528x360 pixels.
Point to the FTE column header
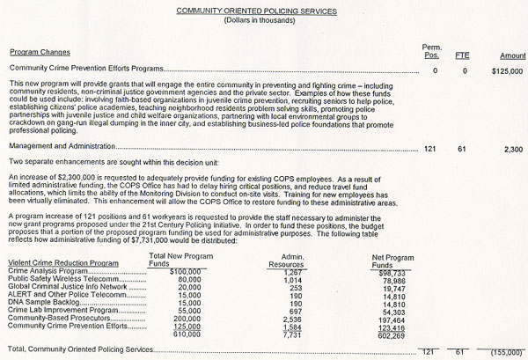(x=462, y=54)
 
